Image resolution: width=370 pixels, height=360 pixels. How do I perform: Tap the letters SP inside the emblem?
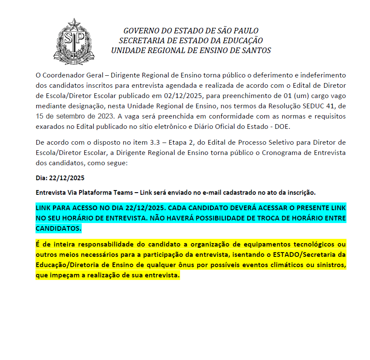(74, 39)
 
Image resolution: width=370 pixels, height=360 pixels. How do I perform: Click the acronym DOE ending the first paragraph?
(282, 126)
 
